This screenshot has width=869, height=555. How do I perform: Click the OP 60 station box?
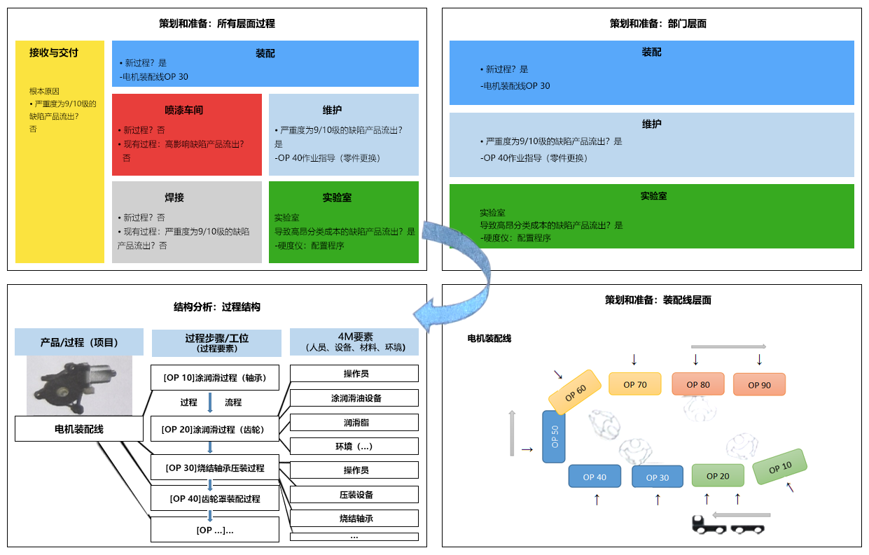pyautogui.click(x=576, y=393)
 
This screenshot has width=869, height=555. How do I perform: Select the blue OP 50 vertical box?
pyautogui.click(x=554, y=437)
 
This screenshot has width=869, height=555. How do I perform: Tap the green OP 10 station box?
pyautogui.click(x=779, y=467)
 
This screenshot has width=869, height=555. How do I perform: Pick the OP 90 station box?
pyautogui.click(x=759, y=384)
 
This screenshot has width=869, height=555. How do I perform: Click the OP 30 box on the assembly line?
pyautogui.click(x=657, y=477)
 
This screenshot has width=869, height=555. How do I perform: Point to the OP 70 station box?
pyautogui.click(x=634, y=384)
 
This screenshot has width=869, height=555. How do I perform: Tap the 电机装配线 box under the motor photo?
pyautogui.click(x=78, y=428)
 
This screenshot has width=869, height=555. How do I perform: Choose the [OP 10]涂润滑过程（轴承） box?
pyautogui.click(x=215, y=377)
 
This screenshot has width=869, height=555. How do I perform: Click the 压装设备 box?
pyautogui.click(x=354, y=494)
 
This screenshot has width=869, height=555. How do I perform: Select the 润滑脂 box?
pyautogui.click(x=354, y=422)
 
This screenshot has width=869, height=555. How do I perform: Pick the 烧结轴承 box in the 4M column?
pyautogui.click(x=354, y=518)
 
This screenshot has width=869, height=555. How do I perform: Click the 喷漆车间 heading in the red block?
pyautogui.click(x=183, y=110)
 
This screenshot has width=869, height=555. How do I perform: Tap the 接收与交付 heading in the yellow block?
pyautogui.click(x=53, y=52)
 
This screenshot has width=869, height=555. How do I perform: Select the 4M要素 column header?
pyautogui.click(x=354, y=342)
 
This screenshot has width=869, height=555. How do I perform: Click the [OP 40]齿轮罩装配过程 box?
pyautogui.click(x=215, y=498)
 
